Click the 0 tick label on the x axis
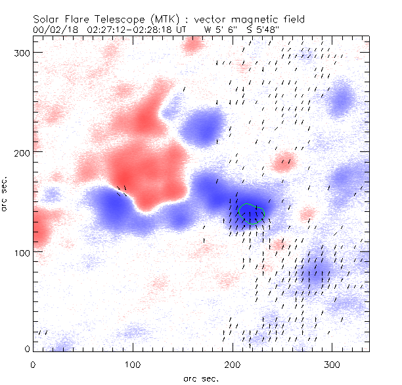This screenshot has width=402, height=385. [x=32, y=364]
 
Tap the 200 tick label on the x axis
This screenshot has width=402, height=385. [x=232, y=364]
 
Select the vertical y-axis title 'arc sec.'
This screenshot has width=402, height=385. [x=6, y=193]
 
